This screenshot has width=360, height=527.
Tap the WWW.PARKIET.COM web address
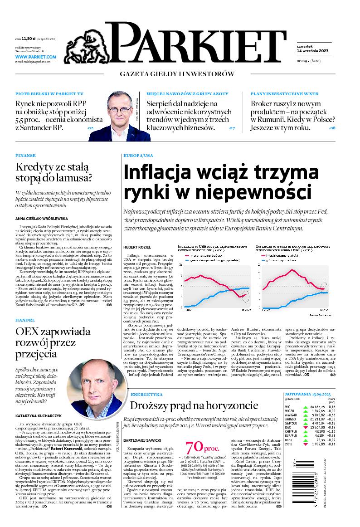pos(35,57)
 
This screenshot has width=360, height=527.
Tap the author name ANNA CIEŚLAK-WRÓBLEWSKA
pos(41,218)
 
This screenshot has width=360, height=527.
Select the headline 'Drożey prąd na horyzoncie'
pos(195,405)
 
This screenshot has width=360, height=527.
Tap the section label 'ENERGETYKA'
pos(146,395)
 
